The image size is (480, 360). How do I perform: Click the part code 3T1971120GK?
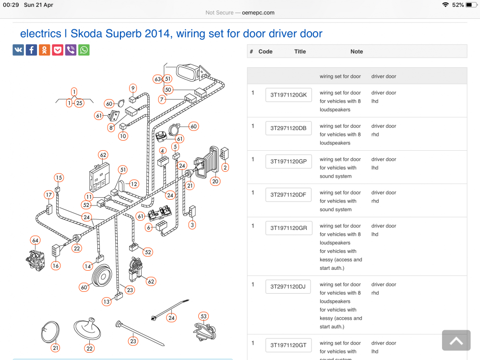click(x=288, y=95)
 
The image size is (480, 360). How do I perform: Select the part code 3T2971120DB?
click(x=288, y=128)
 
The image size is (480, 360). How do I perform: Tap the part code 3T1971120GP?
click(x=288, y=161)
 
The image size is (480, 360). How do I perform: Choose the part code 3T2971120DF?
click(x=288, y=195)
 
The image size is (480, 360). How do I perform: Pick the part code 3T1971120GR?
click(x=288, y=228)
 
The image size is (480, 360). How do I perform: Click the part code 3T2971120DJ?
click(x=288, y=287)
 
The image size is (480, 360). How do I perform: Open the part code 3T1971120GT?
click(x=288, y=345)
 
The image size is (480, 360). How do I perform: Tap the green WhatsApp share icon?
click(x=84, y=50)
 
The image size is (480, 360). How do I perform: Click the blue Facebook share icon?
click(x=31, y=50)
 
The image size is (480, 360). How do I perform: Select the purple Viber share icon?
click(x=71, y=50)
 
